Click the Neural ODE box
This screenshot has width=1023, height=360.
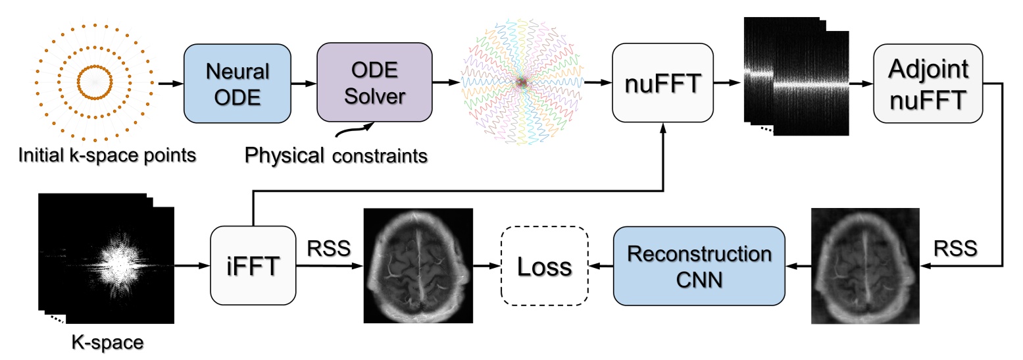237,84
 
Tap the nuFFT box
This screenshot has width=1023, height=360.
662,83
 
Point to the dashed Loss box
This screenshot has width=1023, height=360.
545,267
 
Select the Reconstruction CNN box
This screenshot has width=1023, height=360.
699,267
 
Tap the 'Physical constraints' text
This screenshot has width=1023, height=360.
336,156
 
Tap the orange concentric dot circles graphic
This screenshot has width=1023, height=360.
95,83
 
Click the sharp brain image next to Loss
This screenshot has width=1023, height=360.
418,266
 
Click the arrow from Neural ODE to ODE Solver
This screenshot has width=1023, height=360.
303,84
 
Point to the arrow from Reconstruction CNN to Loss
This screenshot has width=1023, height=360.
601,267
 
